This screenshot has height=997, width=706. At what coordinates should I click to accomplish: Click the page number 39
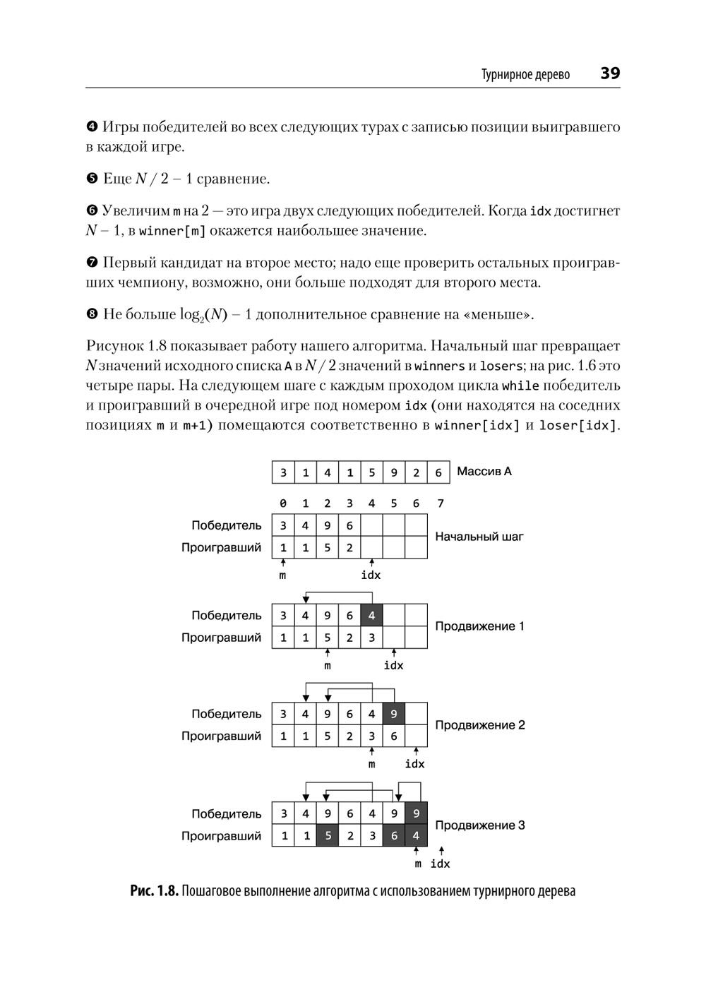click(x=610, y=73)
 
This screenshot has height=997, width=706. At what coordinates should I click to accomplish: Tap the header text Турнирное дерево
click(x=525, y=75)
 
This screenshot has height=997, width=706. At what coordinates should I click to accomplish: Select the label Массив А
click(x=484, y=471)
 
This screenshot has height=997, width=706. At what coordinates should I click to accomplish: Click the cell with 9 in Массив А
click(x=394, y=472)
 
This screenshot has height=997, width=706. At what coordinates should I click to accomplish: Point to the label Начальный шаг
click(x=479, y=537)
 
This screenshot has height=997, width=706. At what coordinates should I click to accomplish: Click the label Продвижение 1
click(x=479, y=626)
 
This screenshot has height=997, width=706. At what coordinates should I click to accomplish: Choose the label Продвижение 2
click(x=479, y=725)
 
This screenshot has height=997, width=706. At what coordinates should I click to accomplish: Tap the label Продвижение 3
click(x=479, y=825)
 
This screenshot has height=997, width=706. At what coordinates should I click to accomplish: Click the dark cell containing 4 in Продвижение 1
click(x=371, y=616)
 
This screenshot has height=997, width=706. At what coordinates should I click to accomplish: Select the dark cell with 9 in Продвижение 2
click(x=394, y=714)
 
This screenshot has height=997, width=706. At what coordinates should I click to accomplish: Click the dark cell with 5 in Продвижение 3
click(x=328, y=836)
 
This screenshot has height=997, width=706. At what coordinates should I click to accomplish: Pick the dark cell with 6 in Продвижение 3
click(x=394, y=836)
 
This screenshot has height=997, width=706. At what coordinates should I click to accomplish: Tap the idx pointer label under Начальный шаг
click(x=371, y=575)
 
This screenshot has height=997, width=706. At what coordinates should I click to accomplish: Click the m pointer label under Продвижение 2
click(x=372, y=764)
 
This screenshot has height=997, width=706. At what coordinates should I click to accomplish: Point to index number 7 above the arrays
click(x=441, y=503)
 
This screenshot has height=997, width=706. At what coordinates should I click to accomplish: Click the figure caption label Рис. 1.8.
click(x=153, y=891)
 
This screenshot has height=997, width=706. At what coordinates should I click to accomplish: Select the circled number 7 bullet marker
click(x=92, y=263)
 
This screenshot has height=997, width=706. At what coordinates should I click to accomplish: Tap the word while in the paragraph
click(x=520, y=386)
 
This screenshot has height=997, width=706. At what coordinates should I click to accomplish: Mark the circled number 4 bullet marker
click(x=92, y=128)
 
